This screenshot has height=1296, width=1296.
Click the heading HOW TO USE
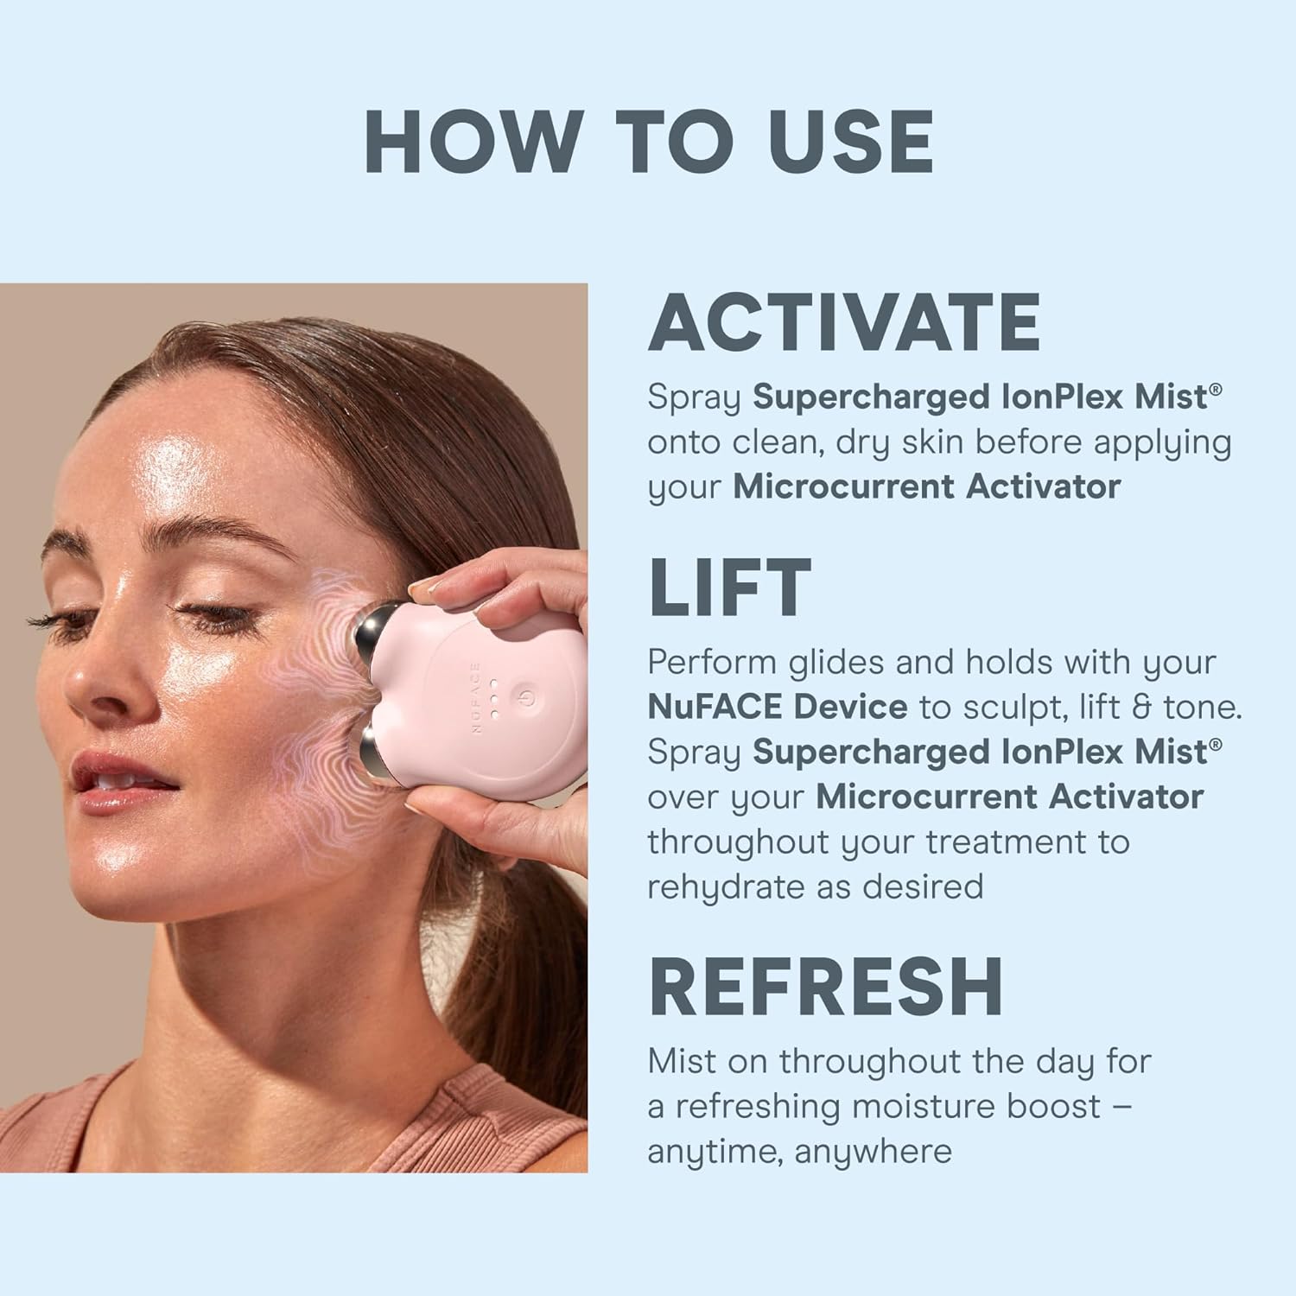649,143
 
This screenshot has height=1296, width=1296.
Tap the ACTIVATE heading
844,321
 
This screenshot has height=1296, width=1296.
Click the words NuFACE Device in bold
778,707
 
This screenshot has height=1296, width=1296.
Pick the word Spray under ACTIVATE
695,397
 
